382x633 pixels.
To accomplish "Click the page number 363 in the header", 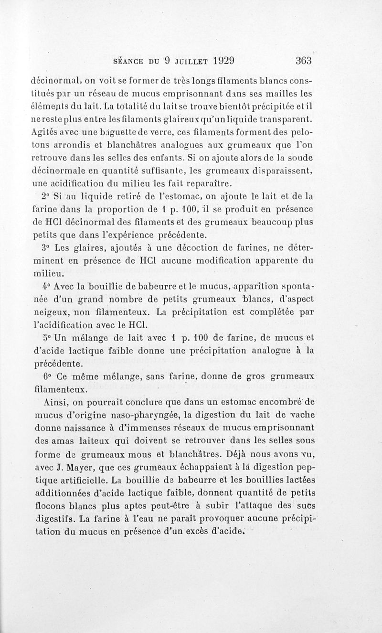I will click(x=303, y=61).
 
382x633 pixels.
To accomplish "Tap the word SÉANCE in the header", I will click(x=128, y=61).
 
